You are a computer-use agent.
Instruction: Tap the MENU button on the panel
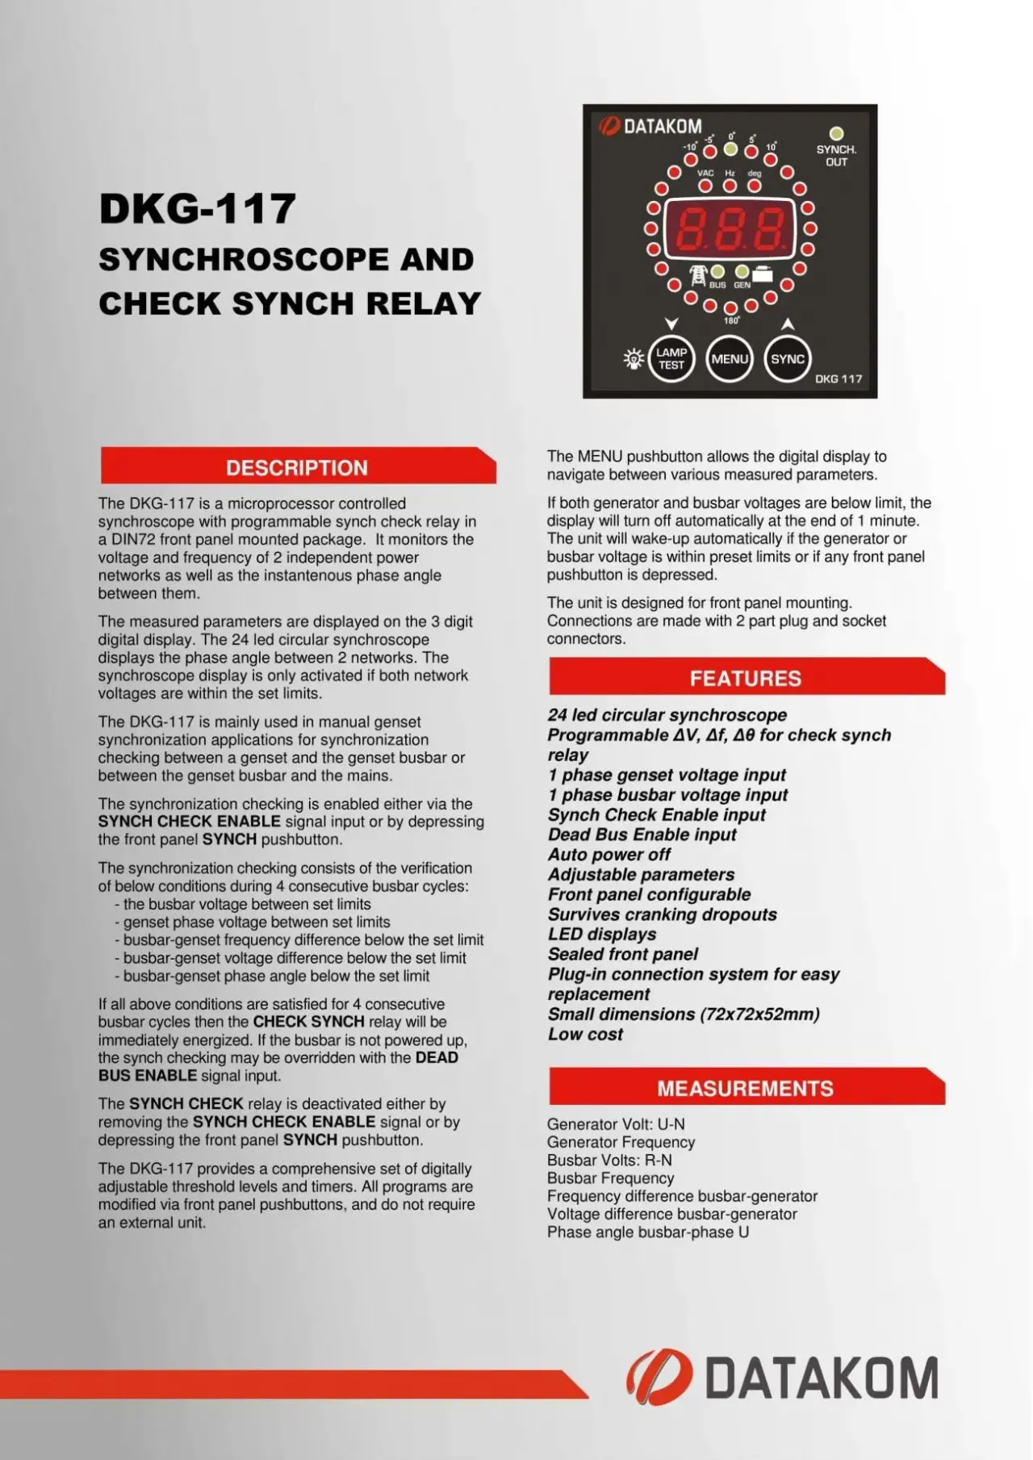[730, 359]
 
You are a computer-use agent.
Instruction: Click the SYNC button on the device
[787, 359]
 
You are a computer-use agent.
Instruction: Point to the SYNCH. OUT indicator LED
[836, 133]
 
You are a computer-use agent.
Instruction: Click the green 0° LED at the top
[730, 149]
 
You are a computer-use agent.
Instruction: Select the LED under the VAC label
[705, 186]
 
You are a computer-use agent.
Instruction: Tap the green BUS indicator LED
[717, 272]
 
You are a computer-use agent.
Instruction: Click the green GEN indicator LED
[742, 272]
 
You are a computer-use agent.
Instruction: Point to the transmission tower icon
[698, 276]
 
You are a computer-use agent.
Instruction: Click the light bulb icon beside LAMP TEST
[634, 358]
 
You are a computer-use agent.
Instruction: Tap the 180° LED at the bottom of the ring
[730, 307]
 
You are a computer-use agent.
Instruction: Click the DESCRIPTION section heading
[297, 467]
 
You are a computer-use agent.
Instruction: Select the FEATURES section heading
[745, 678]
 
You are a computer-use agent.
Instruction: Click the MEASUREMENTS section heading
[745, 1088]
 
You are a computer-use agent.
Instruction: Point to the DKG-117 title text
[198, 208]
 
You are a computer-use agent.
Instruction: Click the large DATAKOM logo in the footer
[783, 1377]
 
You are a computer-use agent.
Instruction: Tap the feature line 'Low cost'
[585, 1034]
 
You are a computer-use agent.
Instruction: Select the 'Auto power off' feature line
[609, 854]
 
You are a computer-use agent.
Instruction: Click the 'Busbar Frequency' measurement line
[610, 1178]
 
